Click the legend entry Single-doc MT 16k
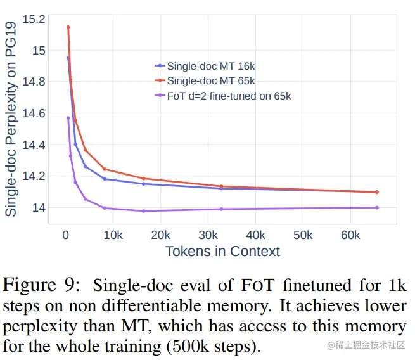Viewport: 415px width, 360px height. click(210, 65)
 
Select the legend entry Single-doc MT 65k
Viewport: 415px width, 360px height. click(210, 80)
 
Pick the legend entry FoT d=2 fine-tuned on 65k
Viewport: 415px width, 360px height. click(229, 96)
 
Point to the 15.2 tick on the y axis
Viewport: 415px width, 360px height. click(34, 19)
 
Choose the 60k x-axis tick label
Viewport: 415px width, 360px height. click(350, 236)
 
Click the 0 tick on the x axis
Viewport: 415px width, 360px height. click(65, 236)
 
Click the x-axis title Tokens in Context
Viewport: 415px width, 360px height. click(222, 251)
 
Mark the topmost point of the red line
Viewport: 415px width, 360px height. click(68, 27)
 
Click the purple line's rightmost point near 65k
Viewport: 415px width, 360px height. click(377, 207)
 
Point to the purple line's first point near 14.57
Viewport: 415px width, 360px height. click(68, 118)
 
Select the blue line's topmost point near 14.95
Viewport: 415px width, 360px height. click(68, 58)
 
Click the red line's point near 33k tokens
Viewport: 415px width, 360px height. click(221, 186)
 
